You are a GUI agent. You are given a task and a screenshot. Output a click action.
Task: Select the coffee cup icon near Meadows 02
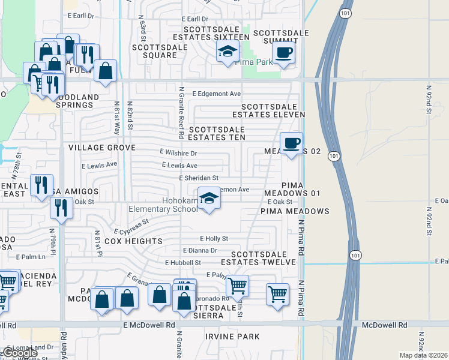[x=292, y=144]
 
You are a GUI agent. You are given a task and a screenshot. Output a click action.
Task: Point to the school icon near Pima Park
[x=228, y=53]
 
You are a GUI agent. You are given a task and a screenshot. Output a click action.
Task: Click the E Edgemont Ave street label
[x=216, y=94]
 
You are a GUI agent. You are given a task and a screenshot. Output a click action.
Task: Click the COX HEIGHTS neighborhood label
[x=134, y=241]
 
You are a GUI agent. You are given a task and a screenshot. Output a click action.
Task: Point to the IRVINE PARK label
[x=232, y=337]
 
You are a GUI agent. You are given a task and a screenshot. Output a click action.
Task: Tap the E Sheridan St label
[x=199, y=178]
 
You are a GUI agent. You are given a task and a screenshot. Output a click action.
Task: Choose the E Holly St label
[x=214, y=238]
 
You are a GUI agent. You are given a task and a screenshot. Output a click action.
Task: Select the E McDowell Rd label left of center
[x=149, y=325]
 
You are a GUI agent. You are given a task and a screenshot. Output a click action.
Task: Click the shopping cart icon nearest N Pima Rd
[x=277, y=295]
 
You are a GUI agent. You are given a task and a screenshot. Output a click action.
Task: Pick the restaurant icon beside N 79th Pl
[x=62, y=208]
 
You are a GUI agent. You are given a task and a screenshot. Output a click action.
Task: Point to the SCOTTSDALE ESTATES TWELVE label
[x=258, y=257]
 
